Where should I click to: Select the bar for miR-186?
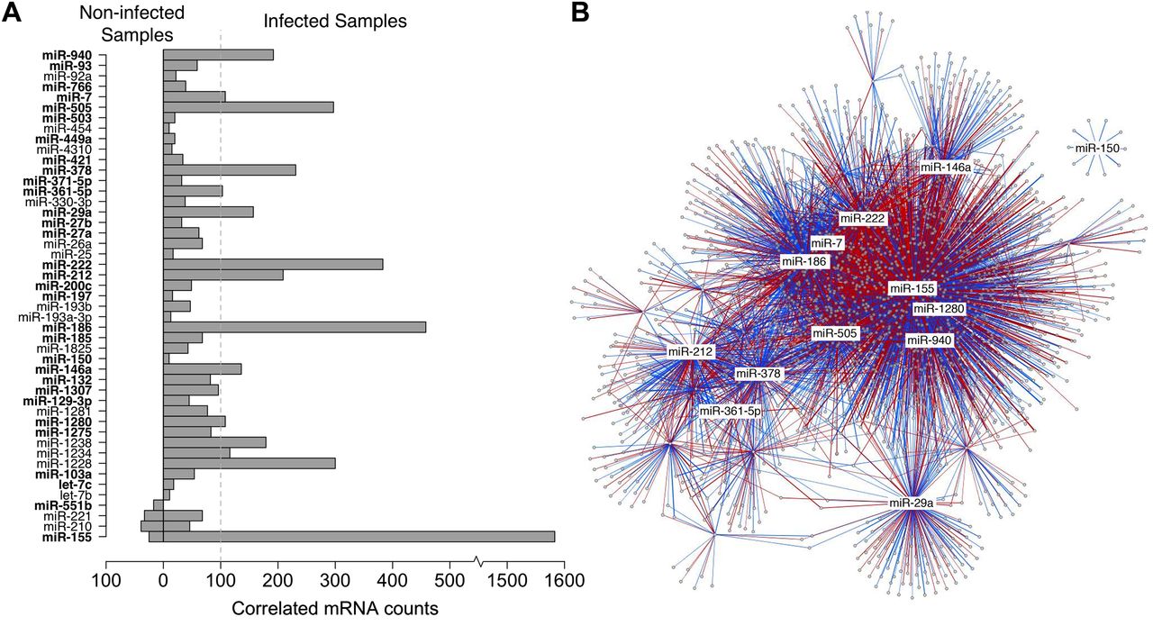[294, 327]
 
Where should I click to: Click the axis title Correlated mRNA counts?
[334, 609]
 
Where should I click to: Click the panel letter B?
[581, 14]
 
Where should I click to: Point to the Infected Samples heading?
[334, 20]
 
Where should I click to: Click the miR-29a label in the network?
[911, 503]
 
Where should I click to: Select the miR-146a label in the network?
[946, 168]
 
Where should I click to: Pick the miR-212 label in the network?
[691, 351]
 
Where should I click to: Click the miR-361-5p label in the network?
[731, 412]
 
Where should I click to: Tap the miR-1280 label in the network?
[939, 309]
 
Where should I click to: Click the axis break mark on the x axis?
[479, 562]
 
